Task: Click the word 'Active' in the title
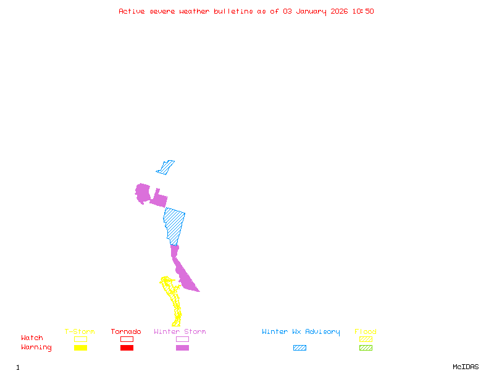click(132, 11)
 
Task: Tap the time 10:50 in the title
click(362, 11)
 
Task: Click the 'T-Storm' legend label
click(80, 332)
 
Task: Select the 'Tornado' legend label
click(126, 332)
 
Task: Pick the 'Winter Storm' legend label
click(180, 332)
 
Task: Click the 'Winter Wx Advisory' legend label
click(301, 332)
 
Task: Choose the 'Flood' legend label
click(366, 332)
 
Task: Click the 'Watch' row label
click(32, 338)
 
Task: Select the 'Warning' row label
click(36, 348)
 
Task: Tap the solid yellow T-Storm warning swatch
click(80, 348)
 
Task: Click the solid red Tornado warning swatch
click(127, 348)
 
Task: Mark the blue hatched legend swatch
click(299, 348)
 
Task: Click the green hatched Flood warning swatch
click(366, 348)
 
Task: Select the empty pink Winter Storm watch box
click(182, 339)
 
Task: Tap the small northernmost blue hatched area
click(165, 167)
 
